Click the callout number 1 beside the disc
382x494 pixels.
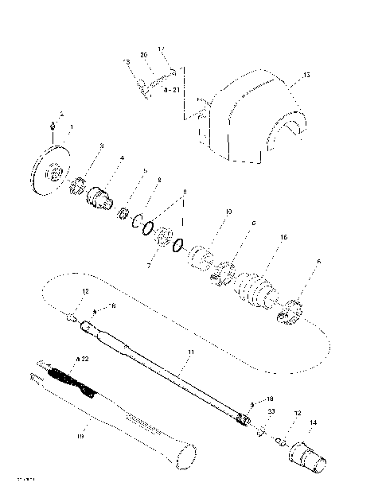point(71,126)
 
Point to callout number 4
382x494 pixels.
point(121,158)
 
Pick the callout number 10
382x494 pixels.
point(228,212)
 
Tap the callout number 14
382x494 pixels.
point(313,422)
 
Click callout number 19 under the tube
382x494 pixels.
point(79,436)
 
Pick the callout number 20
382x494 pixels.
point(144,54)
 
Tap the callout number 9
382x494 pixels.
point(185,192)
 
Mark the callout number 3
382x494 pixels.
point(101,146)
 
